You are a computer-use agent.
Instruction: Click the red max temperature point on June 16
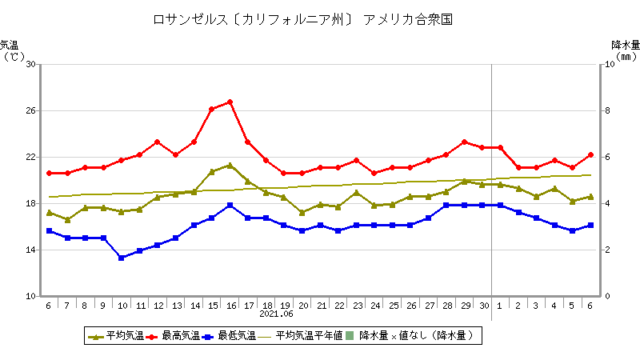click(230, 102)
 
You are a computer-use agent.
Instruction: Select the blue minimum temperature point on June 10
click(122, 258)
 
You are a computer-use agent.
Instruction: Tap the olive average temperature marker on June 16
click(230, 166)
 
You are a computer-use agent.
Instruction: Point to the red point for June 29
click(464, 142)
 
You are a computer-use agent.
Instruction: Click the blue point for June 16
click(230, 205)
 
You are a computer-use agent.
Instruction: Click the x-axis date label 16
click(230, 306)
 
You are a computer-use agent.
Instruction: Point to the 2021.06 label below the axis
click(277, 314)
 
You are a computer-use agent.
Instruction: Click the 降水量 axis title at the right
click(626, 45)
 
